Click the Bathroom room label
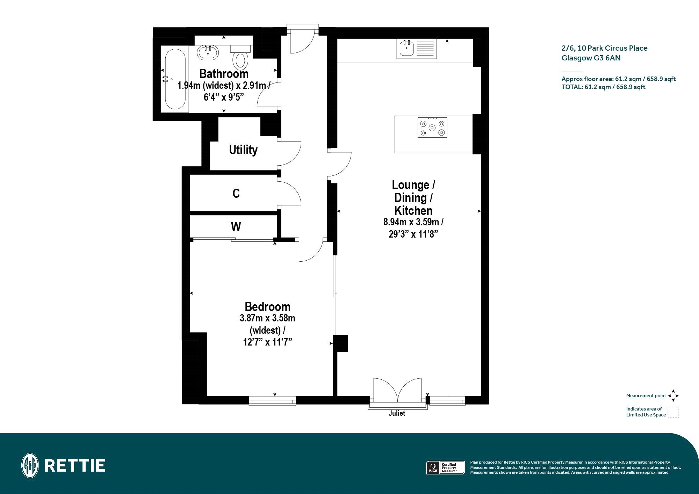(224, 74)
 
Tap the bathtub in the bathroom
(175, 79)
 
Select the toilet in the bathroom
(240, 57)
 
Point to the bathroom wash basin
(208, 53)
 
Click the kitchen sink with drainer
(417, 49)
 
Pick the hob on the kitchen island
(432, 128)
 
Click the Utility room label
(243, 150)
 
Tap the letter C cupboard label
(236, 194)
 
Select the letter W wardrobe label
(236, 227)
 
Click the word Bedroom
(267, 307)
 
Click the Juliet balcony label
(397, 413)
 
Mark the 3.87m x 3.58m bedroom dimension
(267, 318)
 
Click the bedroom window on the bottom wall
(272, 401)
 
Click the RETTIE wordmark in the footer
(75, 466)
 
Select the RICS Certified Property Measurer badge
(445, 468)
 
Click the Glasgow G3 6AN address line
(591, 58)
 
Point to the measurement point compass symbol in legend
(673, 396)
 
